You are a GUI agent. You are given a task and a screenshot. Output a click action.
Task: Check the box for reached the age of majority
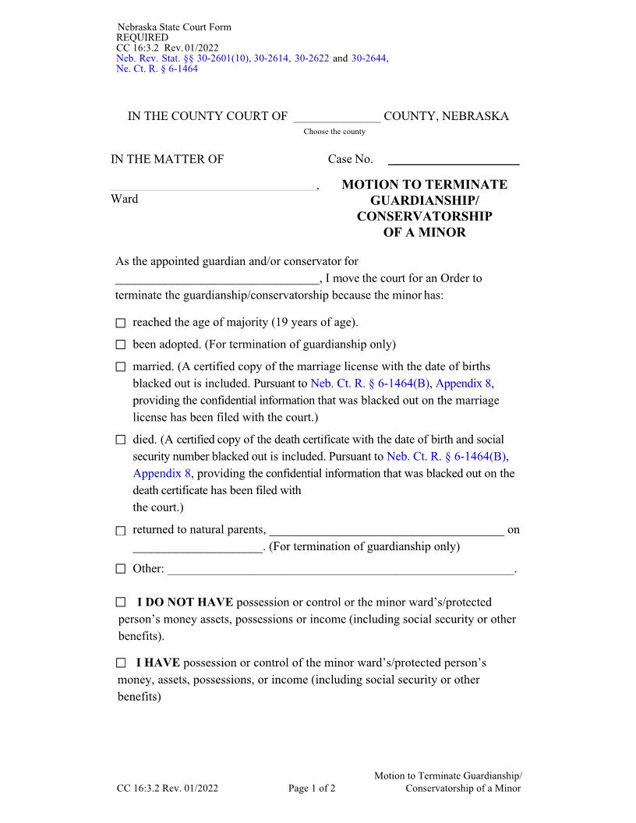click(x=121, y=323)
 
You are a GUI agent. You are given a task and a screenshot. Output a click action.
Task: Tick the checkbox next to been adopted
click(x=121, y=344)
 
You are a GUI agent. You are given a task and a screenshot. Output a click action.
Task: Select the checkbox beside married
click(x=121, y=366)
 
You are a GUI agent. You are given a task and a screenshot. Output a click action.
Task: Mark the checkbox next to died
click(x=121, y=440)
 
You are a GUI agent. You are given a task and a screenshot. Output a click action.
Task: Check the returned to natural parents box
click(x=121, y=531)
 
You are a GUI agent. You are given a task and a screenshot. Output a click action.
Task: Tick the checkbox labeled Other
click(x=121, y=569)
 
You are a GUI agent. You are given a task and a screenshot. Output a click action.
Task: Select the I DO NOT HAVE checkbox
click(x=121, y=602)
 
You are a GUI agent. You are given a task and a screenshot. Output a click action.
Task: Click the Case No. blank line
click(x=454, y=160)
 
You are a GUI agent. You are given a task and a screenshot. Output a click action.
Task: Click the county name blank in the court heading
click(x=337, y=117)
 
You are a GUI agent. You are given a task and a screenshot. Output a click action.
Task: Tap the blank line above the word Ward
click(x=215, y=185)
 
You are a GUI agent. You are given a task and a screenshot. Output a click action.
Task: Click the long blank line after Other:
click(x=341, y=570)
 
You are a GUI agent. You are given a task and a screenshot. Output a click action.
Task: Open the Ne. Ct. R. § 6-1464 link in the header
click(x=157, y=69)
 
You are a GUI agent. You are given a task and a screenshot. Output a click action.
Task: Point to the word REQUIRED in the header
click(x=142, y=37)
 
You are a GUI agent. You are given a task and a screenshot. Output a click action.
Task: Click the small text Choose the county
click(x=334, y=132)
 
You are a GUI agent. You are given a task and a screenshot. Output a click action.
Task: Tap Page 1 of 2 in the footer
click(x=312, y=788)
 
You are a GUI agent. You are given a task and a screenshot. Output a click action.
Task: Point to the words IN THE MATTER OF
click(x=168, y=160)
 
